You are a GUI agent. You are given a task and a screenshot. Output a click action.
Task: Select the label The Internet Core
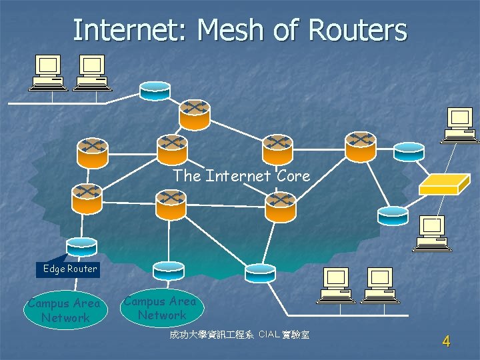tap(241, 176)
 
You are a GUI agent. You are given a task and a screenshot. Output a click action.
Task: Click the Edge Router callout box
tap(69, 269)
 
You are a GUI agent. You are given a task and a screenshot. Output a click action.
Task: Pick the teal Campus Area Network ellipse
tap(64, 310)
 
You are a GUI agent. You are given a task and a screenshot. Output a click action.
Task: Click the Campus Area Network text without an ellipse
tap(160, 308)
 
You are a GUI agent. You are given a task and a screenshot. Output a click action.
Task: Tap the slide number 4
tap(446, 341)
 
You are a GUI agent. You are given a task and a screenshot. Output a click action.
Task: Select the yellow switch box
tap(439, 185)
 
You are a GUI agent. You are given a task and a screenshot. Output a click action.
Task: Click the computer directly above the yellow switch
tap(459, 125)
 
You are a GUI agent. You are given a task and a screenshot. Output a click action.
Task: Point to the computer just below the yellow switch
tap(431, 233)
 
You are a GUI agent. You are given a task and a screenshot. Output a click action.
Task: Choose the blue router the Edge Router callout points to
tap(81, 246)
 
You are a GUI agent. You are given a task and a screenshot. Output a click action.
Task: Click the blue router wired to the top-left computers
tap(155, 91)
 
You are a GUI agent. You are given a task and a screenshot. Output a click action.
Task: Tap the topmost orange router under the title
tap(195, 114)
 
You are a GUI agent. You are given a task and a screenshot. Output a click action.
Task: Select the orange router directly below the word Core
tap(280, 207)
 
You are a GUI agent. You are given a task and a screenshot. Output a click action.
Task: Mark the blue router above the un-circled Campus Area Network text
tap(168, 270)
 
